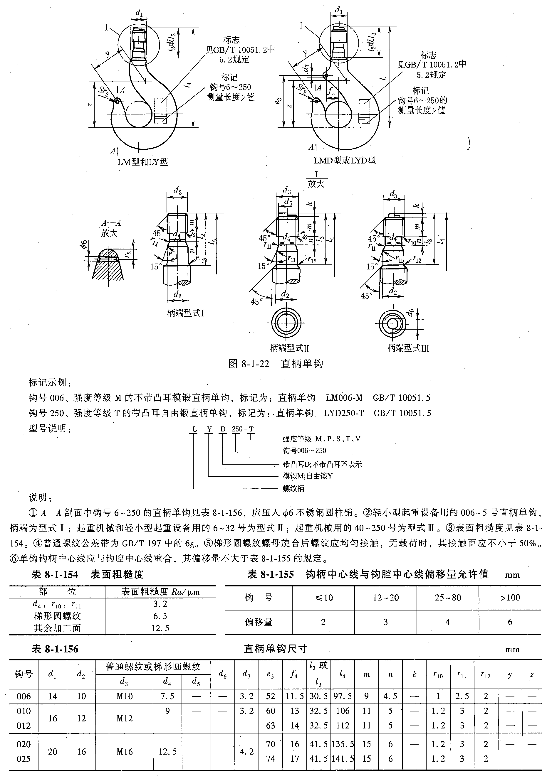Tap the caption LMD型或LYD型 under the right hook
click(345, 161)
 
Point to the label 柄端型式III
click(408, 348)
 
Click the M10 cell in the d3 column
click(124, 696)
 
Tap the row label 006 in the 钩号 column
click(24, 696)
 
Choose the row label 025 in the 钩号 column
click(24, 759)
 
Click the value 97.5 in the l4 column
click(343, 696)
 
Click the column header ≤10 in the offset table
click(323, 598)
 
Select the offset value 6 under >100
click(510, 622)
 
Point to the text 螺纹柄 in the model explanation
click(293, 488)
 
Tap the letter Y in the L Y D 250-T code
click(209, 429)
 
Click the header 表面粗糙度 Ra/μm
click(160, 592)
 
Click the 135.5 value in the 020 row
click(343, 744)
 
